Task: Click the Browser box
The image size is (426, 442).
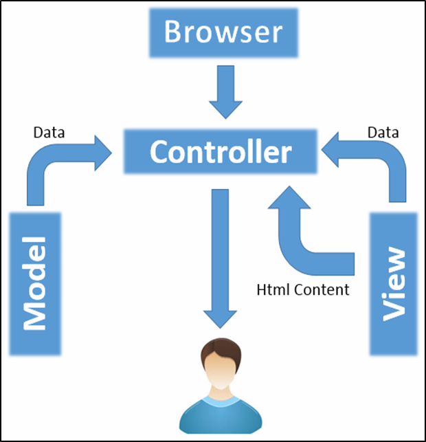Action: tap(223, 33)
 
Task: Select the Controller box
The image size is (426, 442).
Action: tap(221, 152)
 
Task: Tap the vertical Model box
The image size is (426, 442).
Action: tap(35, 284)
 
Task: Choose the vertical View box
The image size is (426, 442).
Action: tap(394, 284)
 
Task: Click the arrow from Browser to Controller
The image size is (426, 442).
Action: tap(225, 92)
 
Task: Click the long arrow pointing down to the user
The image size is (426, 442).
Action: tap(220, 258)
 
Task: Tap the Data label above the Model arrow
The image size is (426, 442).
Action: tap(49, 133)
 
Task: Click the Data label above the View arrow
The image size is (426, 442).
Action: tap(383, 132)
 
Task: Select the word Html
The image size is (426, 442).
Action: tap(273, 289)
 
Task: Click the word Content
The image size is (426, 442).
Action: tap(322, 289)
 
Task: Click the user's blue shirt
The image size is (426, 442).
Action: tap(221, 417)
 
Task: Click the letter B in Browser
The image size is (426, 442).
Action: tap(174, 32)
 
